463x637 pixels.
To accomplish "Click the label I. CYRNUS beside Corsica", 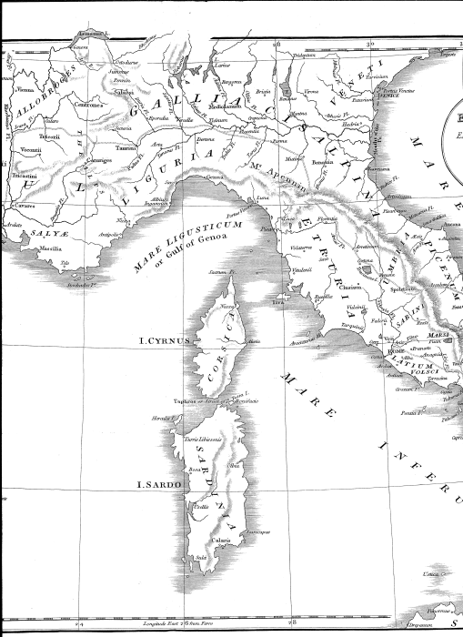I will tap(162, 341).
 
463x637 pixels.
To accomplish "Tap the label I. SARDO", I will tap(156, 485).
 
